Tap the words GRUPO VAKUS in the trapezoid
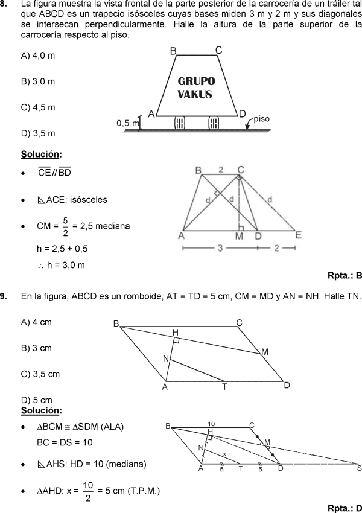(195, 88)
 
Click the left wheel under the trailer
(179, 123)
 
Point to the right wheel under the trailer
(214, 123)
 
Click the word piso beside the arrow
(261, 119)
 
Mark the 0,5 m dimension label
(127, 123)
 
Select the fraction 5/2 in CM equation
(65, 226)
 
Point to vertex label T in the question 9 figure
(224, 387)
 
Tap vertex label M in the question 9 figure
(265, 352)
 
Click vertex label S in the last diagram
(359, 468)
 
